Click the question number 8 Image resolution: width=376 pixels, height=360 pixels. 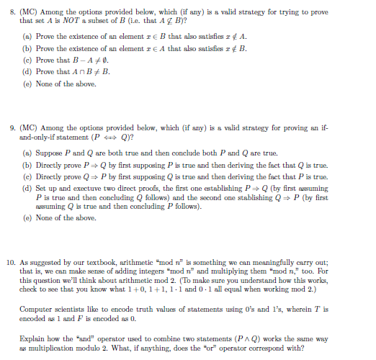click(11, 12)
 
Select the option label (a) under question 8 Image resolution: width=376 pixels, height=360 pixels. click(27, 35)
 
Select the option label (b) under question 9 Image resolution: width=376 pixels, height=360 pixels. click(27, 163)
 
